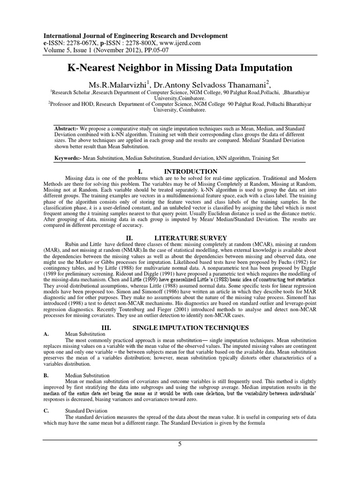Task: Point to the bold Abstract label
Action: click(67, 128)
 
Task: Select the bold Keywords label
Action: click(68, 159)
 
